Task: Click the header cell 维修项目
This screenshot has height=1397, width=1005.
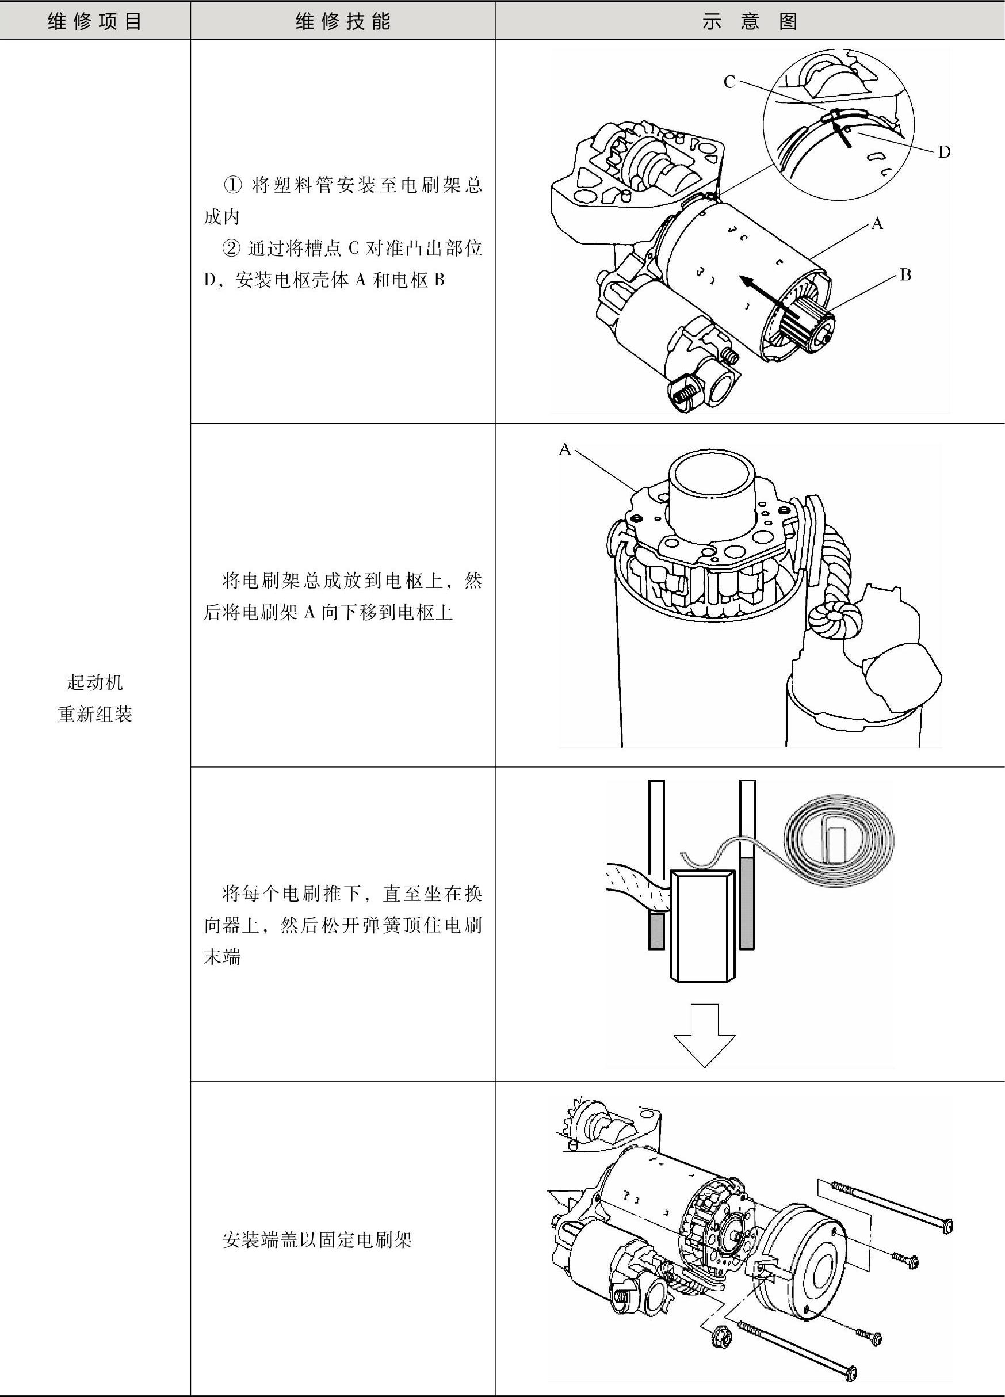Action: pos(95,21)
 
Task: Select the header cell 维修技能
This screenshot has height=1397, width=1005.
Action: pos(343,21)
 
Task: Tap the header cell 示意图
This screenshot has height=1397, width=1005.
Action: pos(750,21)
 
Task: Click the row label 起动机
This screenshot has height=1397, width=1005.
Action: pos(95,682)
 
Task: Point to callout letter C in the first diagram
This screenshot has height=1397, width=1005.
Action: pos(729,82)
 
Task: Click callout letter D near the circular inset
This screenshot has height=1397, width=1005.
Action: pos(944,152)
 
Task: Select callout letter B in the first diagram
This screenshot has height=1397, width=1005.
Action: pos(905,274)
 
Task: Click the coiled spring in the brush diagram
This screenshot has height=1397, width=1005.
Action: pos(839,838)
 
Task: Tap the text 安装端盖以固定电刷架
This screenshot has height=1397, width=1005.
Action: pos(317,1239)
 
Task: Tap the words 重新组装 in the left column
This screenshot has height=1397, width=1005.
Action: pos(95,715)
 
